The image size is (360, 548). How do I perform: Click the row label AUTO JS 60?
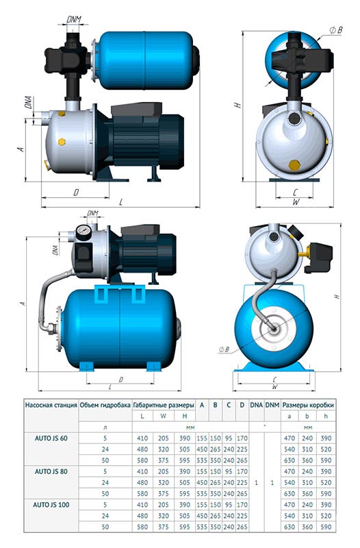(51, 438)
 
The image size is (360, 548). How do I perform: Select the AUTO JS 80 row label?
(51, 471)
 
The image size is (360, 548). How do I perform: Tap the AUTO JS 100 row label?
(51, 505)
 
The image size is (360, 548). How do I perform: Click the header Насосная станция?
(51, 405)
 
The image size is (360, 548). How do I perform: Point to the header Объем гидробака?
(105, 405)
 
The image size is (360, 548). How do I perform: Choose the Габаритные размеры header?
(164, 405)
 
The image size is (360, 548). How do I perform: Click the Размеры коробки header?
(308, 405)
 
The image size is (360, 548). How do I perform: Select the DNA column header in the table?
(256, 405)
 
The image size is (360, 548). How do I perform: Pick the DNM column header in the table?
(272, 405)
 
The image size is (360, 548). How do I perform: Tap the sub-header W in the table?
(164, 416)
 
